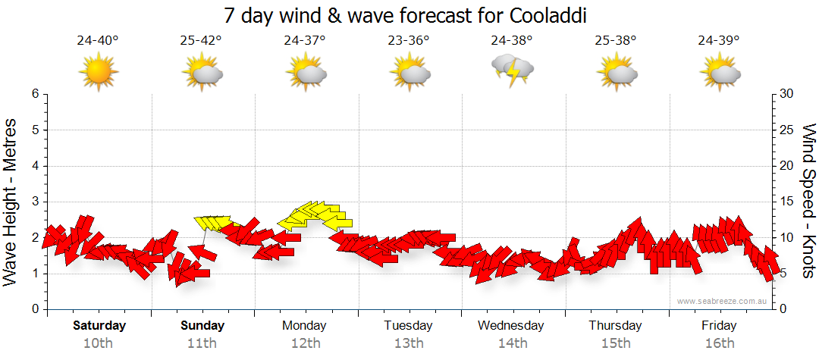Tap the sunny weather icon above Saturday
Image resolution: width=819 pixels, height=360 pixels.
99,72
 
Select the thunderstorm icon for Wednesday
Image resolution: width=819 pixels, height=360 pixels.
513,70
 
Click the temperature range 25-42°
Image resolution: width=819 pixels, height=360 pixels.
202,40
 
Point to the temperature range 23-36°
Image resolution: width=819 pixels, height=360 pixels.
409,40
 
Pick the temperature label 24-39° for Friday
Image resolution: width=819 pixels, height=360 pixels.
719,40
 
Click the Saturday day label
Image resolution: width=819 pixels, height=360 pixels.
99,326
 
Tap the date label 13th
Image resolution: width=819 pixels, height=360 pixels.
409,343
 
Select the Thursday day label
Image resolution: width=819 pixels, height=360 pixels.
615,326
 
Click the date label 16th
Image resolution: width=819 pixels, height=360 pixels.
719,343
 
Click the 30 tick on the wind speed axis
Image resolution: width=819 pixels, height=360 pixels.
787,94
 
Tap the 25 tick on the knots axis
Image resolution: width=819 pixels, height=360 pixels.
787,130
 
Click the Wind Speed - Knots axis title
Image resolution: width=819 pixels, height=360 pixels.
808,202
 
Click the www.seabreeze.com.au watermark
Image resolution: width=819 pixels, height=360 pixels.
723,301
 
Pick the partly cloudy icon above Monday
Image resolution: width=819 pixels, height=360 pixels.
306,72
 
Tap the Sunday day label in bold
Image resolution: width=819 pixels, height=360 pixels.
202,326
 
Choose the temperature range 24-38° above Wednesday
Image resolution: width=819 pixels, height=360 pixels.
512,40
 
